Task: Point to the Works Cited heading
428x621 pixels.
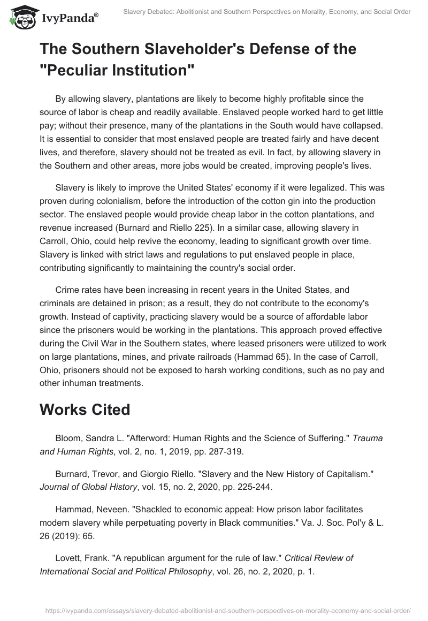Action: coord(85,409)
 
